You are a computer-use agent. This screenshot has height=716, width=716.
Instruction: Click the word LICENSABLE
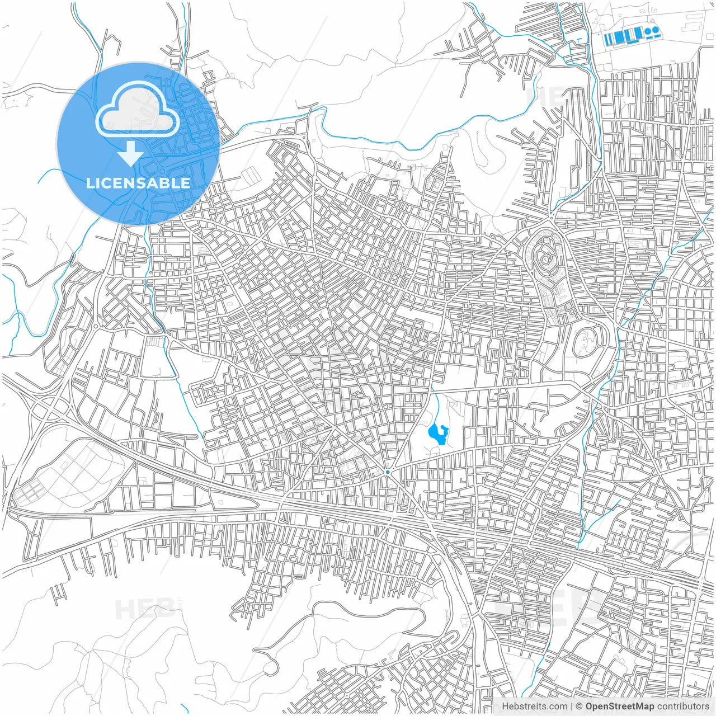[x=138, y=183]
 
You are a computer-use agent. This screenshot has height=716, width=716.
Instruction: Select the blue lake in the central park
[x=437, y=434]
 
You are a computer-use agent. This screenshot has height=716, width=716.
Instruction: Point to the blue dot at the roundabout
[x=388, y=472]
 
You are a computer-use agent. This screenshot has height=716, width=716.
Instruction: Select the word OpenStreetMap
[x=619, y=706]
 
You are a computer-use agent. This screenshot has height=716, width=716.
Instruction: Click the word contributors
[x=683, y=706]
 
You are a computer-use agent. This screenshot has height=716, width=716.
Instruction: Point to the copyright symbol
[x=580, y=706]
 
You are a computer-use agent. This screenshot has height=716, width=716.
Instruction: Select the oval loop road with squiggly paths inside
[x=585, y=342]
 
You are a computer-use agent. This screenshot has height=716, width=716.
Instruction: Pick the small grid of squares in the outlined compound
[x=31, y=492]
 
